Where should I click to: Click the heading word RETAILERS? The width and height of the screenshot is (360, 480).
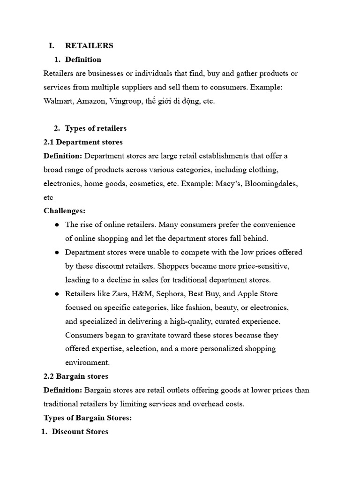[x=89, y=45]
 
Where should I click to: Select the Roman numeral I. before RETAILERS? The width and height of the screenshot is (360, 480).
[x=52, y=45]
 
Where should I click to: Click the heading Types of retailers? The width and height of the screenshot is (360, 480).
[x=96, y=128]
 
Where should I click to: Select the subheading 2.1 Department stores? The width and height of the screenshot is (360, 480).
[x=83, y=142]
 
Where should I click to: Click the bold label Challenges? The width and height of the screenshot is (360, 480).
[x=64, y=211]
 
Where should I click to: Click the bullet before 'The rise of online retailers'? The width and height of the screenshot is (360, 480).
[x=57, y=225]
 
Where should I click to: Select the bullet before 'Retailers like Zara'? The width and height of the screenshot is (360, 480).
[x=57, y=294]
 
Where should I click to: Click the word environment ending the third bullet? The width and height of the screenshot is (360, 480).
[x=87, y=363]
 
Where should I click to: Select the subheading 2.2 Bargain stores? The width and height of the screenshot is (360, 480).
[x=75, y=376]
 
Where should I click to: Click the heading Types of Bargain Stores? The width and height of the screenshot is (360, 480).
[x=88, y=418]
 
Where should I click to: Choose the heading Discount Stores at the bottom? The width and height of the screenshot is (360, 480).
[x=80, y=432]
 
